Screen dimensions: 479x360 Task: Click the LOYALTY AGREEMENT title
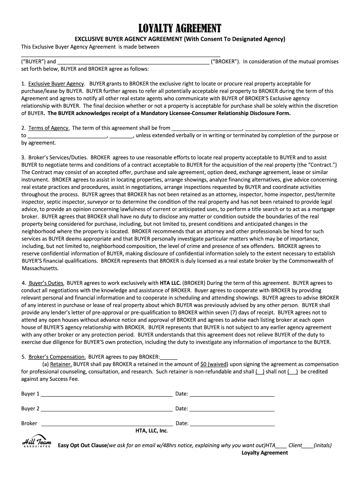[180, 28]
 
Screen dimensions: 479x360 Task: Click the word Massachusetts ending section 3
[40, 269]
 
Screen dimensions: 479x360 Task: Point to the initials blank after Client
[308, 446]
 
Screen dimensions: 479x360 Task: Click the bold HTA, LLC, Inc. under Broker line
[151, 431]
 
